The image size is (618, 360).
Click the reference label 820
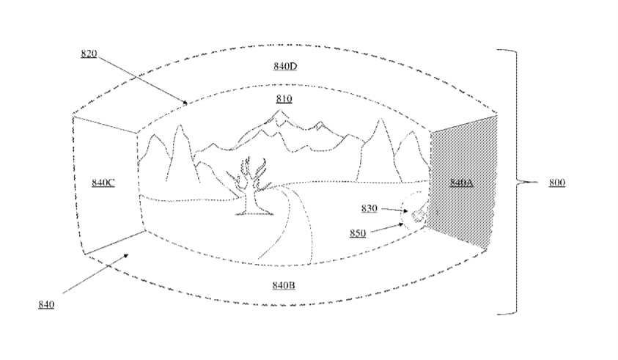[89, 54]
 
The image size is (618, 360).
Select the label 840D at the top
[285, 66]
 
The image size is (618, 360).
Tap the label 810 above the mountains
[284, 99]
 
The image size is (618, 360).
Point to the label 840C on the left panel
[103, 183]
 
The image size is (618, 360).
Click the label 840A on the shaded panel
[462, 183]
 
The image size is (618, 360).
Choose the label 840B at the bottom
[284, 285]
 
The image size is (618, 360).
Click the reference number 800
[557, 183]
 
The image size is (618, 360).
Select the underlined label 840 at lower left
[46, 305]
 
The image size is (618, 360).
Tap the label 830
[369, 208]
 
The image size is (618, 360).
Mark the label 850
[358, 233]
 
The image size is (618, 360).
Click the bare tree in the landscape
[249, 186]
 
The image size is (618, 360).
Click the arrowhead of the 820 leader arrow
[186, 103]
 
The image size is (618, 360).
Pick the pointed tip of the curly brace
[537, 182]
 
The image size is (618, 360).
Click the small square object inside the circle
[417, 216]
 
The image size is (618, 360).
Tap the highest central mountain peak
[281, 111]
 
